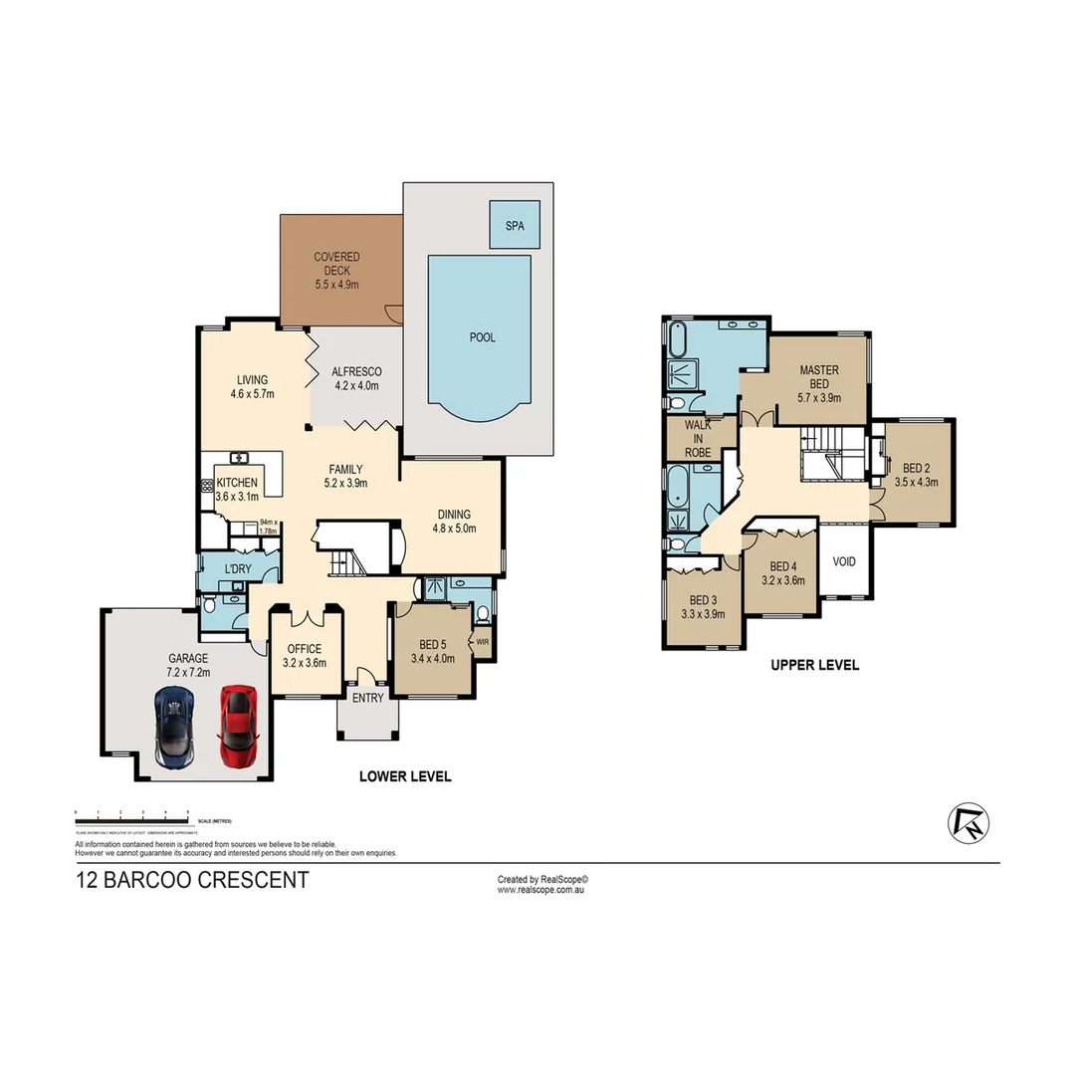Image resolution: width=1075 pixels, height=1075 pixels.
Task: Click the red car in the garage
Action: [x=237, y=726]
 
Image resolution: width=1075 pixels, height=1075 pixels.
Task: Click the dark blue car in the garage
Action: [x=175, y=728]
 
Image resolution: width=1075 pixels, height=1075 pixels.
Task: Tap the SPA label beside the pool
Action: [x=515, y=226]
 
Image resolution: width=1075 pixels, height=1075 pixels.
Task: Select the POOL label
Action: [x=482, y=337]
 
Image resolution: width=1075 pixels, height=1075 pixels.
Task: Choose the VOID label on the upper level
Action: [x=844, y=561]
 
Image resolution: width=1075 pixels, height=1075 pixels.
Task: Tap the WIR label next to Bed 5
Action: [x=482, y=642]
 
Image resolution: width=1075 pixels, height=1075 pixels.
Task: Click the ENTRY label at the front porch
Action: [x=367, y=698]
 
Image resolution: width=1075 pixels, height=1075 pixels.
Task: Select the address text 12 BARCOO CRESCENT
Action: [x=192, y=880]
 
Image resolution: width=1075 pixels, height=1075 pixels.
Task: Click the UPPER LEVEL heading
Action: [x=814, y=665]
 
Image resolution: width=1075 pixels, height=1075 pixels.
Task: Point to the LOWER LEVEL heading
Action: [x=405, y=776]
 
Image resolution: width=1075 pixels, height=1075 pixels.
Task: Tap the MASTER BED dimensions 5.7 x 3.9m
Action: [x=819, y=397]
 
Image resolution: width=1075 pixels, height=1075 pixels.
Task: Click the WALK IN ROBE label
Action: [x=697, y=437]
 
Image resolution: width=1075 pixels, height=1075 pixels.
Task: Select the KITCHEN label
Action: [x=237, y=483]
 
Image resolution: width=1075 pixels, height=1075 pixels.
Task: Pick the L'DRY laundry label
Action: [x=237, y=568]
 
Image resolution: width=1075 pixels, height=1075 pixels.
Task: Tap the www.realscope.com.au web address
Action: [x=539, y=890]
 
